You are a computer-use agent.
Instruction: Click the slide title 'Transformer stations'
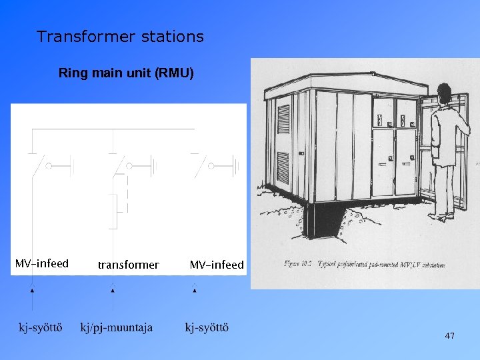(x=120, y=37)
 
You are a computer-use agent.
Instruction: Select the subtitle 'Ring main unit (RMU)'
(x=126, y=73)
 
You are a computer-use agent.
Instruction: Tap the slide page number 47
(x=449, y=336)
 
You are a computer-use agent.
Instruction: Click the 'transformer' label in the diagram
(x=128, y=265)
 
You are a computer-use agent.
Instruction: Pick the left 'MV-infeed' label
(x=42, y=264)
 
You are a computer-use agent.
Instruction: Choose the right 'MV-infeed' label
(x=217, y=265)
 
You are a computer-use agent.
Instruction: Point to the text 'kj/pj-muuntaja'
(x=116, y=327)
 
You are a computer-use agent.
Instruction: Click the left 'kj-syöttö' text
(x=40, y=327)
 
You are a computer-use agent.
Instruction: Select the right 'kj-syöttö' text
(x=207, y=327)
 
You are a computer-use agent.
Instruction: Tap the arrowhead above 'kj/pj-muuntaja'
(x=112, y=289)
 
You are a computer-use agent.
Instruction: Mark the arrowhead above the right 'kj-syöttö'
(x=194, y=289)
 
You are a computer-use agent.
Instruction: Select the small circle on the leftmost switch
(x=48, y=165)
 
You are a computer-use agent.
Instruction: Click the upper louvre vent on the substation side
(x=283, y=118)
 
